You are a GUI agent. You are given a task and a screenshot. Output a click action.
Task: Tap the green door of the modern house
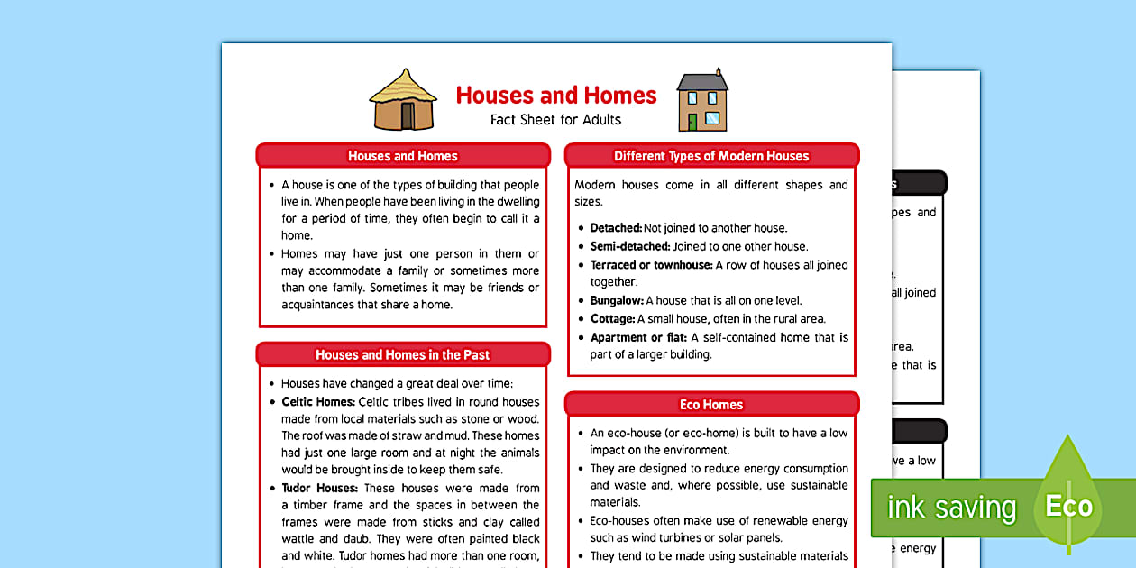point(692,121)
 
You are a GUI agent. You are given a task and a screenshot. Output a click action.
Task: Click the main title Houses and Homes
point(556,95)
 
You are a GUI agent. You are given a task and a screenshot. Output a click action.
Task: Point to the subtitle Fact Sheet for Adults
point(555,119)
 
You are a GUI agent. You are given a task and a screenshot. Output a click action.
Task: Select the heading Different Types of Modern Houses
point(711,156)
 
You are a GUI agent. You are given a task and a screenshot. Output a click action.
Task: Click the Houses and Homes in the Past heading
point(402,354)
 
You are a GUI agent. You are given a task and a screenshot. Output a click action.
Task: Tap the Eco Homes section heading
point(711,404)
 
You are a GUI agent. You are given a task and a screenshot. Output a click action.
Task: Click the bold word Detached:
point(616,228)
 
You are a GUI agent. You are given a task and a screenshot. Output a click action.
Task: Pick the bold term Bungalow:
point(617,300)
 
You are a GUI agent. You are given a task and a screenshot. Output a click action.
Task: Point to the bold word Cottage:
point(612,318)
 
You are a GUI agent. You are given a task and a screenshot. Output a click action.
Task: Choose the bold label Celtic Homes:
point(318,402)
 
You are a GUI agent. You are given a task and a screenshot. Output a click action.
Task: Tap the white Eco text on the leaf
point(1068,506)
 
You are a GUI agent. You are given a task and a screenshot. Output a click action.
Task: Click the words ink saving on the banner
point(951,508)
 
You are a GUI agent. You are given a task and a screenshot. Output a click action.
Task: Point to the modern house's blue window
point(712,118)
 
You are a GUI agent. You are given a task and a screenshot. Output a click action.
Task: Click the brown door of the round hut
point(407,115)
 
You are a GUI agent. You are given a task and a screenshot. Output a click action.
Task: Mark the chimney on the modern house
point(719,72)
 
